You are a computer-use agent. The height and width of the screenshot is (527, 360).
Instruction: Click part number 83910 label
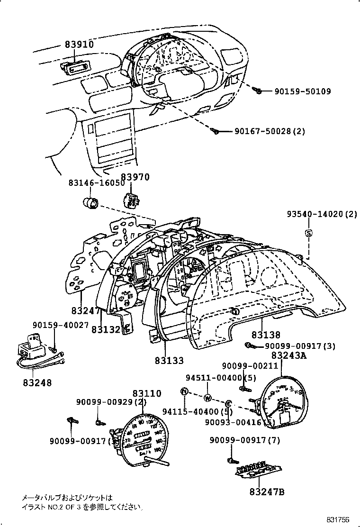pos(79,45)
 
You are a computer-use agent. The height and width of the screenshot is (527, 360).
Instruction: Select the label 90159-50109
pos(302,91)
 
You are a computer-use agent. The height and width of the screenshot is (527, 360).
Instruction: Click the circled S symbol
pos(308,233)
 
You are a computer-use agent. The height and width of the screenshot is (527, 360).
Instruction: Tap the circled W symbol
pos(207,397)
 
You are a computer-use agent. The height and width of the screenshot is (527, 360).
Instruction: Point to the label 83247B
pos(267,491)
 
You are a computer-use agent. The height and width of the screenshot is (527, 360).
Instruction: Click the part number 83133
pos(169,360)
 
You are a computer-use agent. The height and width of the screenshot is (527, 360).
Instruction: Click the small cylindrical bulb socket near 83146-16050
pos(90,202)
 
